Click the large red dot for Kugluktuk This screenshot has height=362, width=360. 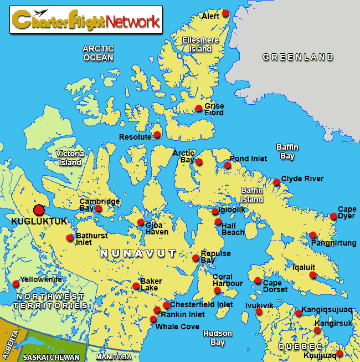point(39,210)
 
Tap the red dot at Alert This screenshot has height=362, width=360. point(225,13)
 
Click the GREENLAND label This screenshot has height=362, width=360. point(298,57)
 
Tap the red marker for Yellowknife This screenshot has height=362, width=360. point(16,284)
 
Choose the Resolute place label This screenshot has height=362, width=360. point(135,137)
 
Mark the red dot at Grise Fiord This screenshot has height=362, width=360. point(199,108)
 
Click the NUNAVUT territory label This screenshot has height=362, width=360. point(138,253)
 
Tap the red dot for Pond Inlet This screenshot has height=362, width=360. point(228,165)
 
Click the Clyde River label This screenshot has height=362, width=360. point(302,179)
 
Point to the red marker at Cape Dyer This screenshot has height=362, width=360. point(333,216)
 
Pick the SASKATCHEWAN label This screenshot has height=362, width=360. point(51,357)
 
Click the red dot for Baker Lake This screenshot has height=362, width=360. point(136,286)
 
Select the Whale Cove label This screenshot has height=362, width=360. point(177,327)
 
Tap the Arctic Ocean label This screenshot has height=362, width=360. point(98,53)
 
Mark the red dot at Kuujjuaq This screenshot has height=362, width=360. point(340,354)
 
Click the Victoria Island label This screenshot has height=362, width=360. point(70,158)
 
